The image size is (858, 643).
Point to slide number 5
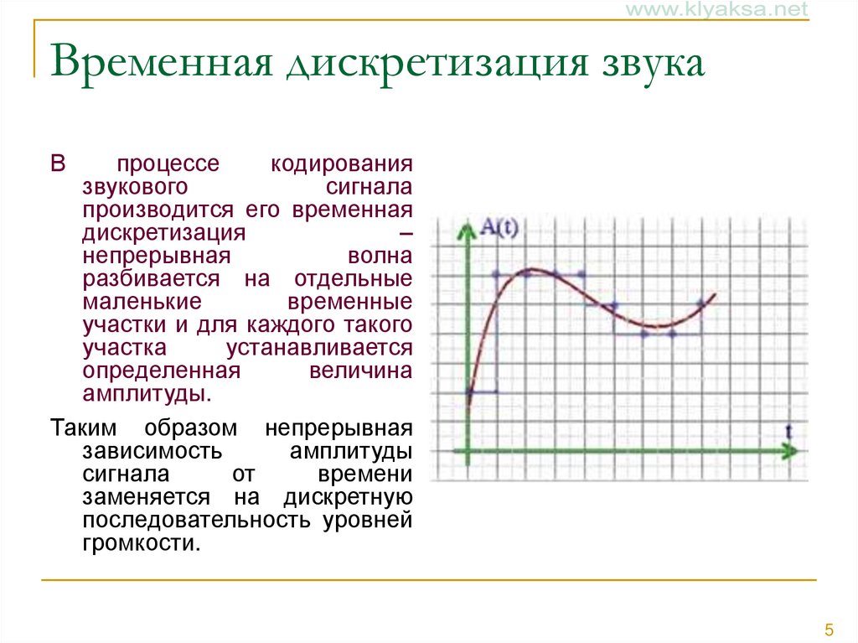point(830,630)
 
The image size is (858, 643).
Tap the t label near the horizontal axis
point(788,430)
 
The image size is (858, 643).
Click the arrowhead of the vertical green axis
point(463,226)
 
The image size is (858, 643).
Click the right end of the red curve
point(714,295)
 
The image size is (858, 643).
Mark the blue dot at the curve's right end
point(700,304)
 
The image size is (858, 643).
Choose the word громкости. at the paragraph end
point(142,542)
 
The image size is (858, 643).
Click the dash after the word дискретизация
point(406,232)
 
